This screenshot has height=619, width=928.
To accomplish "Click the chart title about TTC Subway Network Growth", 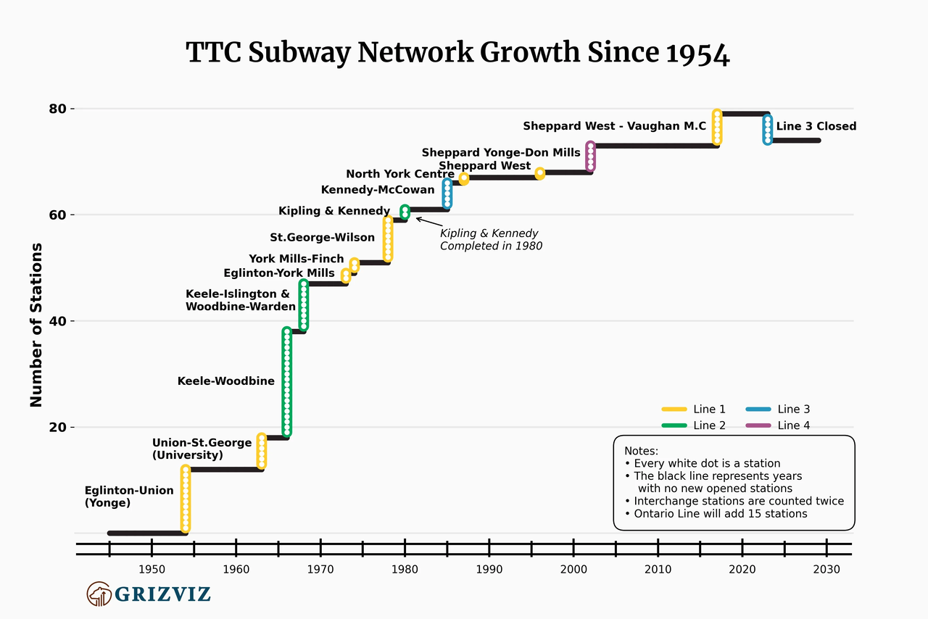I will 457,54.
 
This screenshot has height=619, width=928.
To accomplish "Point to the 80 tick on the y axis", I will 58,109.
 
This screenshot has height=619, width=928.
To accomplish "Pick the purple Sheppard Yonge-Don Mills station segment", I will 590,157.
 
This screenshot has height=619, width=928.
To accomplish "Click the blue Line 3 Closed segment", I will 767,130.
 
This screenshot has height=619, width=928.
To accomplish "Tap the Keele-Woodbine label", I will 226,381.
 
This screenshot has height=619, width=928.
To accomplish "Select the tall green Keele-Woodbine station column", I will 287,382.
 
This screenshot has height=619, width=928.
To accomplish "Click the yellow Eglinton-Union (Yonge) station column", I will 186,499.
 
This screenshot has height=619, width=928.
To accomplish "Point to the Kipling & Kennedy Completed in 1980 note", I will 491,239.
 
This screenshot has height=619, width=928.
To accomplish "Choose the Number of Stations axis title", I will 36,325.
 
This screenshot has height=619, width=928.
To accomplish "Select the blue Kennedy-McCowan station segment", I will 447,194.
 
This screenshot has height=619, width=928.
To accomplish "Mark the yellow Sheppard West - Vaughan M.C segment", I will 716,127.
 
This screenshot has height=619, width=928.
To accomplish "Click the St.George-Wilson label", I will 322,237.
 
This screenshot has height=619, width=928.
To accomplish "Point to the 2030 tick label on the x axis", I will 826,569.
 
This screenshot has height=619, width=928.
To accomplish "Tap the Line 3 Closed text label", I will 816,126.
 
